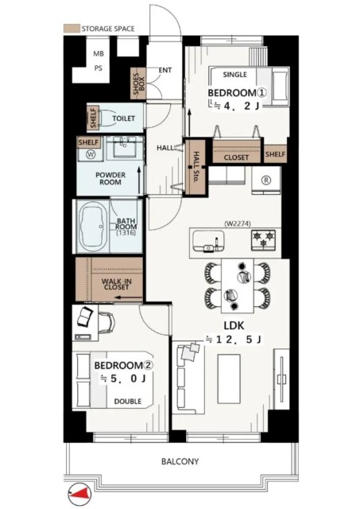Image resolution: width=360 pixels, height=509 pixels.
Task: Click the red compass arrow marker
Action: (x=79, y=493)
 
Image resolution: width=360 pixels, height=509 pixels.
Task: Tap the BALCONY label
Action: (x=180, y=461)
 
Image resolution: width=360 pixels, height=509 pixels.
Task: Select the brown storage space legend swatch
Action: (x=71, y=29)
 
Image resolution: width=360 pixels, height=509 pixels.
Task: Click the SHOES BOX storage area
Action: (x=138, y=84)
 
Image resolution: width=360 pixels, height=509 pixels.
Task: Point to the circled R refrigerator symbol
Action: (x=266, y=181)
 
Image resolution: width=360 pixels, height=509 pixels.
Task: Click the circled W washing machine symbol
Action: (x=91, y=154)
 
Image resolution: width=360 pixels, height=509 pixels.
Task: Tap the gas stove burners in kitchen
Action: (x=263, y=240)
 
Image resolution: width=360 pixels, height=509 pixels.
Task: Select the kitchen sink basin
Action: (x=208, y=240)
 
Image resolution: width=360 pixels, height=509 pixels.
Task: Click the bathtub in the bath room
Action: (x=94, y=226)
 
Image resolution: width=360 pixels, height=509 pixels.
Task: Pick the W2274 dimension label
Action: (x=238, y=223)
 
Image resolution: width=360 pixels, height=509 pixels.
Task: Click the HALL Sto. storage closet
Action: (x=195, y=167)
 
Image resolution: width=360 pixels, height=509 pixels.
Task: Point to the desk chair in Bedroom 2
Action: (x=106, y=321)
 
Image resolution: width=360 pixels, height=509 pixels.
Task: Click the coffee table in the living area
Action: (x=229, y=379)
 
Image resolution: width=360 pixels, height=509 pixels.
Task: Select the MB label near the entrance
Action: (x=99, y=53)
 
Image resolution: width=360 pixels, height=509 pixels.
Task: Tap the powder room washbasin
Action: (x=125, y=146)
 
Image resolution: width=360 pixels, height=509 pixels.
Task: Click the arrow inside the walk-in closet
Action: (x=129, y=297)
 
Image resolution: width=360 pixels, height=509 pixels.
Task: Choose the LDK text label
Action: (x=234, y=325)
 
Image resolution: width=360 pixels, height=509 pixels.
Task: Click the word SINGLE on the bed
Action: (x=234, y=74)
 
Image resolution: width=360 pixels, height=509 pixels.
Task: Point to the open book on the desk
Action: (x=85, y=316)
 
